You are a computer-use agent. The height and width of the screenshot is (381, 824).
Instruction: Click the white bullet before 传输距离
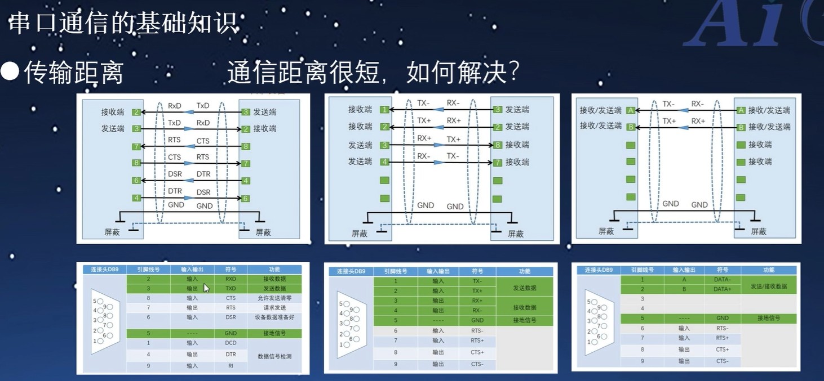point(10,72)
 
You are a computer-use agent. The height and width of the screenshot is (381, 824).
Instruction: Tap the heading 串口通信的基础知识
point(123,24)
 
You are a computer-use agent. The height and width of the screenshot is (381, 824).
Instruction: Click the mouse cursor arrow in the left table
point(206,288)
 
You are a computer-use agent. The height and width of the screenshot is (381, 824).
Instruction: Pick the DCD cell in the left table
point(231,343)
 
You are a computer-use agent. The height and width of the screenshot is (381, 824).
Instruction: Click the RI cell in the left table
point(231,366)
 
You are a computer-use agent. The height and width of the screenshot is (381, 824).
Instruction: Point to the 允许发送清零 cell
point(274,298)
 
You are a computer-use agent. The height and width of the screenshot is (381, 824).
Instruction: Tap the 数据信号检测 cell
point(274,356)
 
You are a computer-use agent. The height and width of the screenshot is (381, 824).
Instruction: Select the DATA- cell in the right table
point(722,279)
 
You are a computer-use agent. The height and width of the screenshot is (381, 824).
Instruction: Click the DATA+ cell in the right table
point(722,289)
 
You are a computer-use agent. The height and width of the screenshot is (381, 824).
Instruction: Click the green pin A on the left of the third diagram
point(631,110)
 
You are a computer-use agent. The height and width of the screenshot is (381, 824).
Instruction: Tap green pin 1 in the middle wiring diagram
point(384,110)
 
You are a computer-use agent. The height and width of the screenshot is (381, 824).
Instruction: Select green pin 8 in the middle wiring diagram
point(497,145)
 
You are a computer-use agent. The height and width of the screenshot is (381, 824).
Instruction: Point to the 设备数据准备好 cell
point(274,317)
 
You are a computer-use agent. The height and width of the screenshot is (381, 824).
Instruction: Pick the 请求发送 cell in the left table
point(274,307)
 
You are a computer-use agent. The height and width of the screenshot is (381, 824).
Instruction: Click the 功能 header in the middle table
point(524,271)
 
